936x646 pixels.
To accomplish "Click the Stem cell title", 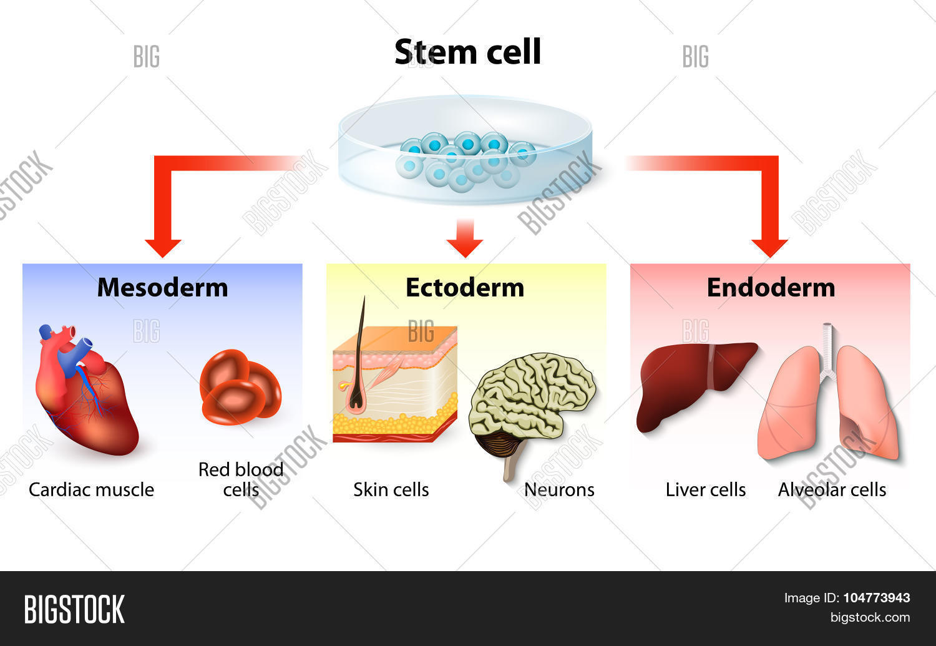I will point(467,52).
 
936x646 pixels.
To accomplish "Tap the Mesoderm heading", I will point(162,288).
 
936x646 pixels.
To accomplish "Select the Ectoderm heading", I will point(465,288).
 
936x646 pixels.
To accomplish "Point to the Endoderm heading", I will point(771,288).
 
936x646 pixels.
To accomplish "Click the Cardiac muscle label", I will point(91,489).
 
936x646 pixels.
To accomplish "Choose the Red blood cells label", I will point(241,479).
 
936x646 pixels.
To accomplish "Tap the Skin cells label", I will point(391,489).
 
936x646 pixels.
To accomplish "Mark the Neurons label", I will point(559,489).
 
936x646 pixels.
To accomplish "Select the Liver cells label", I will point(706,489).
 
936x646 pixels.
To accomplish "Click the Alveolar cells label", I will point(832,489).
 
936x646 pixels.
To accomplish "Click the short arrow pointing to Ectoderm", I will point(465,238).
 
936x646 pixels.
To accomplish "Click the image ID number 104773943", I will point(876,598).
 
